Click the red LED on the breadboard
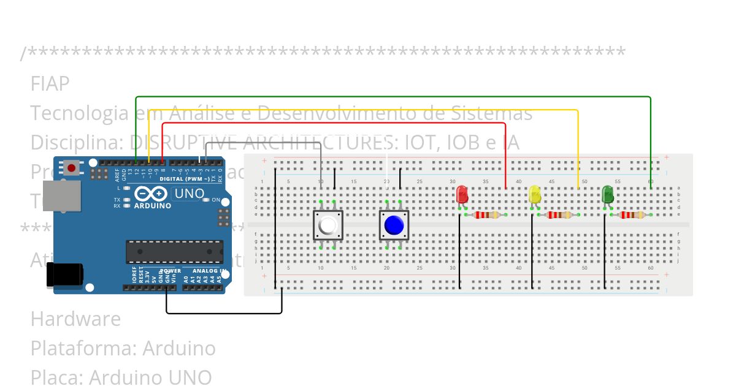point(462,195)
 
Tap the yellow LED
point(535,195)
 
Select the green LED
point(608,195)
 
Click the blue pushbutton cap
point(393,225)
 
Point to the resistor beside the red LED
point(486,215)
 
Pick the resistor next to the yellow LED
point(559,215)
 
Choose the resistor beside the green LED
point(632,215)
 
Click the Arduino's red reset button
point(72,167)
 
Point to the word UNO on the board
point(190,194)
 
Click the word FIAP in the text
point(50,83)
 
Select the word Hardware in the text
point(75,319)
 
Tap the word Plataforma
point(83,349)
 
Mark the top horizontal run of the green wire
point(393,97)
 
